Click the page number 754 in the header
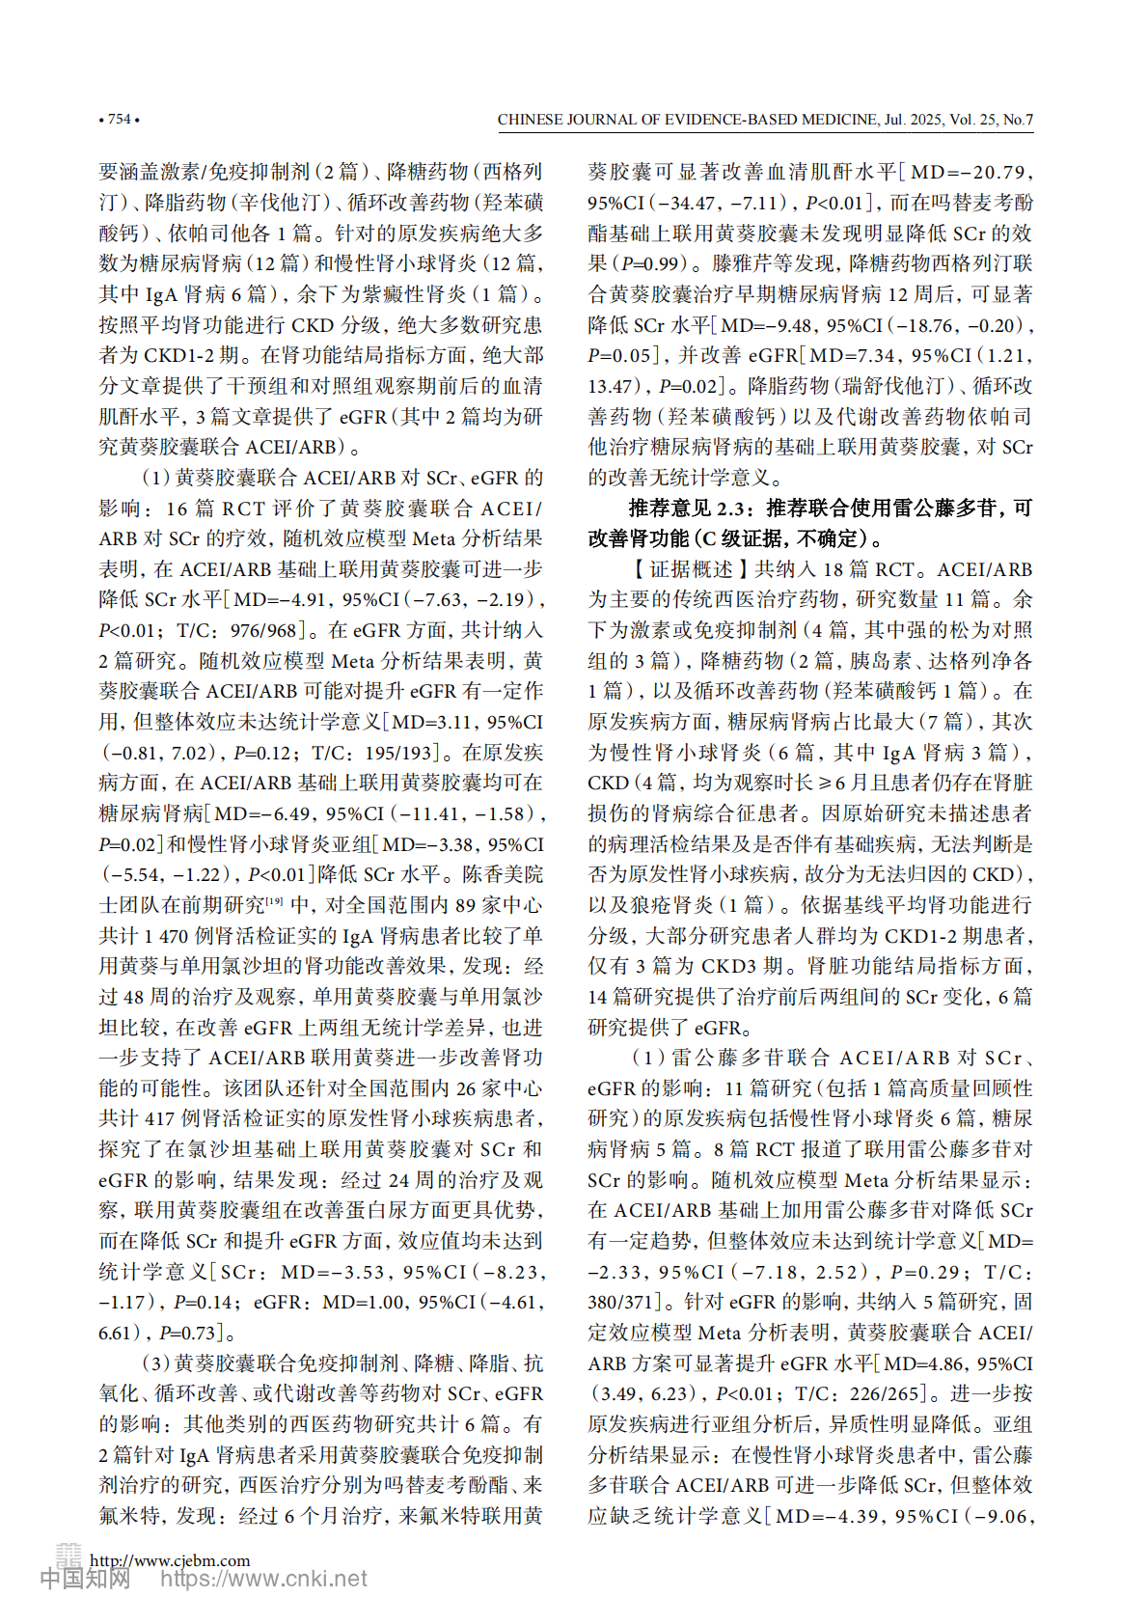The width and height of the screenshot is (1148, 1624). pos(119,120)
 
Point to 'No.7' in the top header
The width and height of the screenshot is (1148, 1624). pos(1018,121)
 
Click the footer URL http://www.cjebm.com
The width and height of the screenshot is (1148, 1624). pos(170,1560)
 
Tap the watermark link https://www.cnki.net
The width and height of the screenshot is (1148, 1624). pos(263,1580)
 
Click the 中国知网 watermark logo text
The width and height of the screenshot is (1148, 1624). pos(85,1580)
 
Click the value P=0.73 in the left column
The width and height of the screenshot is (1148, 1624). pos(187,1334)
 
